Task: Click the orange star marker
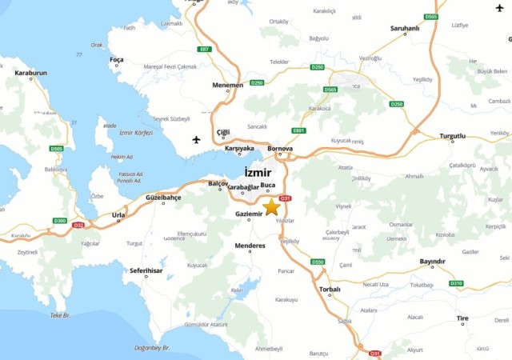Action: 271,207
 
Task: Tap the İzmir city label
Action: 258,173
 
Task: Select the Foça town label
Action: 117,59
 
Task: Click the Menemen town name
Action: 227,84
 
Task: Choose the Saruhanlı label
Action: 404,28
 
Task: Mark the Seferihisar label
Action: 146,270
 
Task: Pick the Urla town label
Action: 118,214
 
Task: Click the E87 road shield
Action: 204,50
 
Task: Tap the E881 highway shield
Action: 299,130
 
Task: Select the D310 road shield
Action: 456,283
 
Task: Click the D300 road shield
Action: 60,220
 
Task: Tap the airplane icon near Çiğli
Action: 197,140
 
